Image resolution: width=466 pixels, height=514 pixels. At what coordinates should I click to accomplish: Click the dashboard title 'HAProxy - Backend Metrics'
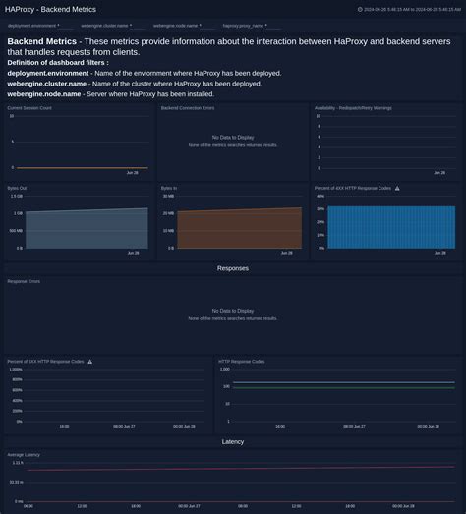[51, 9]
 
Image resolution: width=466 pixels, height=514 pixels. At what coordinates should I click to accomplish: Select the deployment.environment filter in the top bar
[32, 26]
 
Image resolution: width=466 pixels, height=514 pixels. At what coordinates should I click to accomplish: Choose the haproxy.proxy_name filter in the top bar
[243, 26]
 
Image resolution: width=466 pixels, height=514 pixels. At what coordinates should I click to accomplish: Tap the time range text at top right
[411, 9]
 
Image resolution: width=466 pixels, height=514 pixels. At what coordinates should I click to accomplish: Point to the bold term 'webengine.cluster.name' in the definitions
[47, 84]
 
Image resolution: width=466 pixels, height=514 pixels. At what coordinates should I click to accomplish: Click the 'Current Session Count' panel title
[29, 107]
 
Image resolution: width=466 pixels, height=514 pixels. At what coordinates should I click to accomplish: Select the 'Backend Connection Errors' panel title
[187, 107]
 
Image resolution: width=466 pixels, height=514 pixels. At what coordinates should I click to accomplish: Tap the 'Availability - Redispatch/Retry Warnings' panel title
[353, 107]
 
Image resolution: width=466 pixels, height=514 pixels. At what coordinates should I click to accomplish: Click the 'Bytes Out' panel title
[18, 187]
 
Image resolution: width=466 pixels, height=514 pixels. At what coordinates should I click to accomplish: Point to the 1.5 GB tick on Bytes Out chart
[16, 196]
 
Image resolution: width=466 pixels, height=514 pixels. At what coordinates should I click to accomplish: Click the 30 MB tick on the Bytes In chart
[169, 196]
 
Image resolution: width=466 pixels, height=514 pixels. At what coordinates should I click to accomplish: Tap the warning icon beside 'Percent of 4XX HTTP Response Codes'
[397, 187]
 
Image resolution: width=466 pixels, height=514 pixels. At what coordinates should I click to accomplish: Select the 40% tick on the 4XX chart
[320, 196]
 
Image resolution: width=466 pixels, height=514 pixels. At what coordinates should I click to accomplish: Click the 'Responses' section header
[233, 268]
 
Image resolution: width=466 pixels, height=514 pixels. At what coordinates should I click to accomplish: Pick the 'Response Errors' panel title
[24, 281]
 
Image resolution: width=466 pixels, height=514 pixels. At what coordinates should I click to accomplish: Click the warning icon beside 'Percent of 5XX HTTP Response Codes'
[89, 361]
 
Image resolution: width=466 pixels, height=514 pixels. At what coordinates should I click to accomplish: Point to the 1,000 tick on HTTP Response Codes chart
[225, 370]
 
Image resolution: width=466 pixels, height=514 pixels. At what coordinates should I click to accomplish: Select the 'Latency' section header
[233, 442]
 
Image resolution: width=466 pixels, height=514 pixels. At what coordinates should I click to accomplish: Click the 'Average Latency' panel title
[24, 455]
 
